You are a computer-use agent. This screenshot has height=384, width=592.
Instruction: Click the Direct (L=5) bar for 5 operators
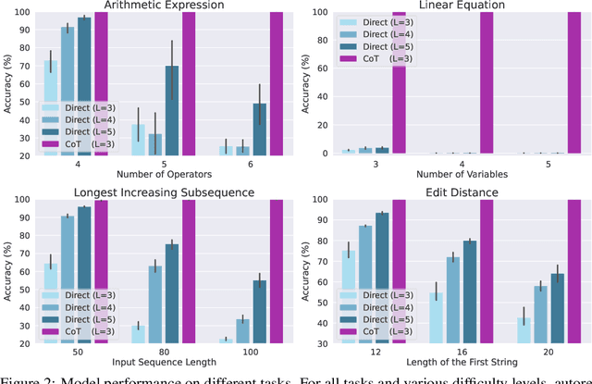pyautogui.click(x=171, y=110)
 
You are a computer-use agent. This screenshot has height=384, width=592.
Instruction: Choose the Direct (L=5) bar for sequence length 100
pyautogui.click(x=259, y=311)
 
